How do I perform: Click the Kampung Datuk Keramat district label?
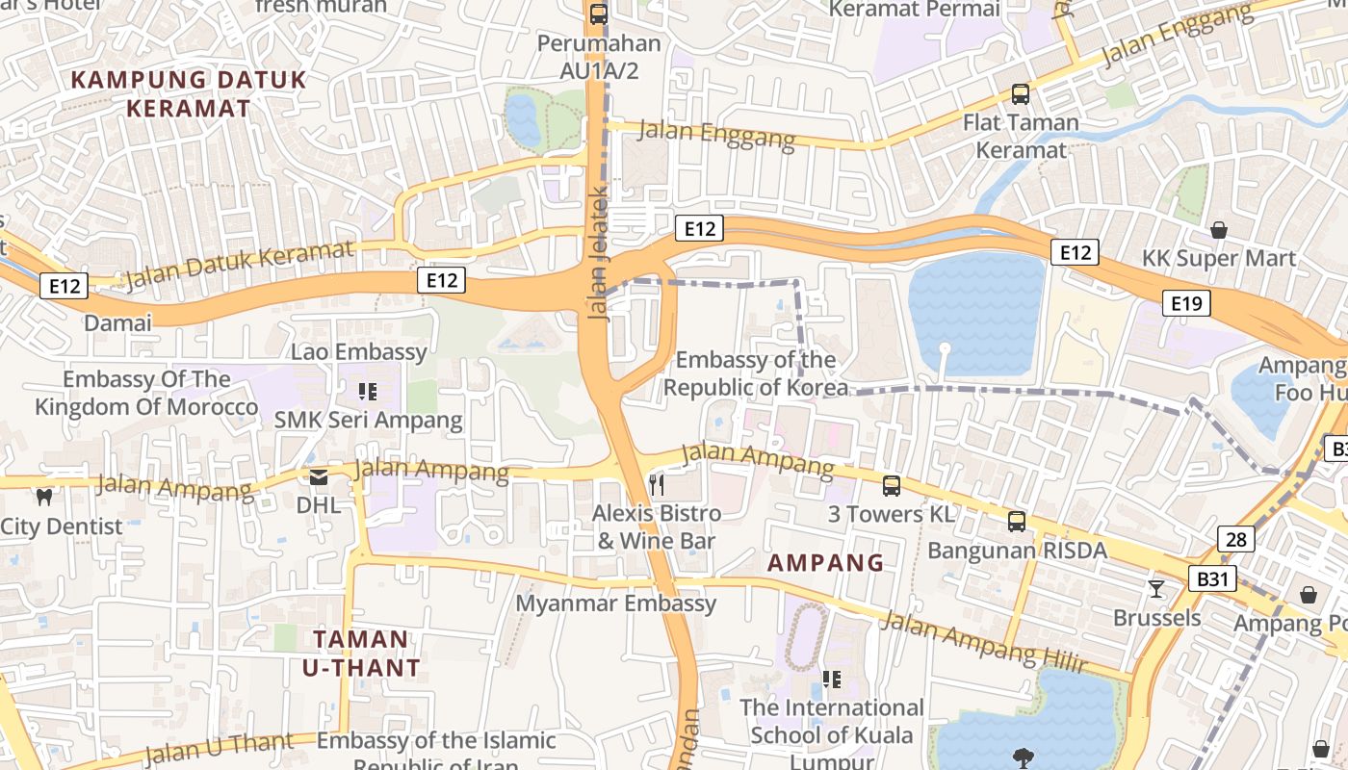pyautogui.click(x=189, y=93)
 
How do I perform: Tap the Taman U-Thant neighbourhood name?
pyautogui.click(x=361, y=653)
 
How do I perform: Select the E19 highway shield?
pyautogui.click(x=1186, y=304)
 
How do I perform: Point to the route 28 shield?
pyautogui.click(x=1236, y=539)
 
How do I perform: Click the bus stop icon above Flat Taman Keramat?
pyautogui.click(x=1021, y=94)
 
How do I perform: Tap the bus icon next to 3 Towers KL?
pyautogui.click(x=892, y=486)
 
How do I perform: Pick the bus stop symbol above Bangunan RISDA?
pyautogui.click(x=1017, y=522)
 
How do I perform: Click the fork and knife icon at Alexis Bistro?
pyautogui.click(x=658, y=484)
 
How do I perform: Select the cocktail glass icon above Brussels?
pyautogui.click(x=1156, y=588)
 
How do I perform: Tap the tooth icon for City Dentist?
pyautogui.click(x=43, y=497)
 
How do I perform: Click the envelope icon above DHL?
pyautogui.click(x=318, y=476)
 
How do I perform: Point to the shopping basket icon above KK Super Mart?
pyautogui.click(x=1219, y=230)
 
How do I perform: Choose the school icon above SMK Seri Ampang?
pyautogui.click(x=367, y=391)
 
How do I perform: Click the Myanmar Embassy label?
pyautogui.click(x=616, y=603)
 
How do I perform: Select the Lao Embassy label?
pyautogui.click(x=359, y=351)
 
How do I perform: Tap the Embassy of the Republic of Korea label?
pyautogui.click(x=756, y=373)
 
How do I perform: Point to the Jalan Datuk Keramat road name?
pyautogui.click(x=240, y=265)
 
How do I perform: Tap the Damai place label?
pyautogui.click(x=117, y=322)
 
